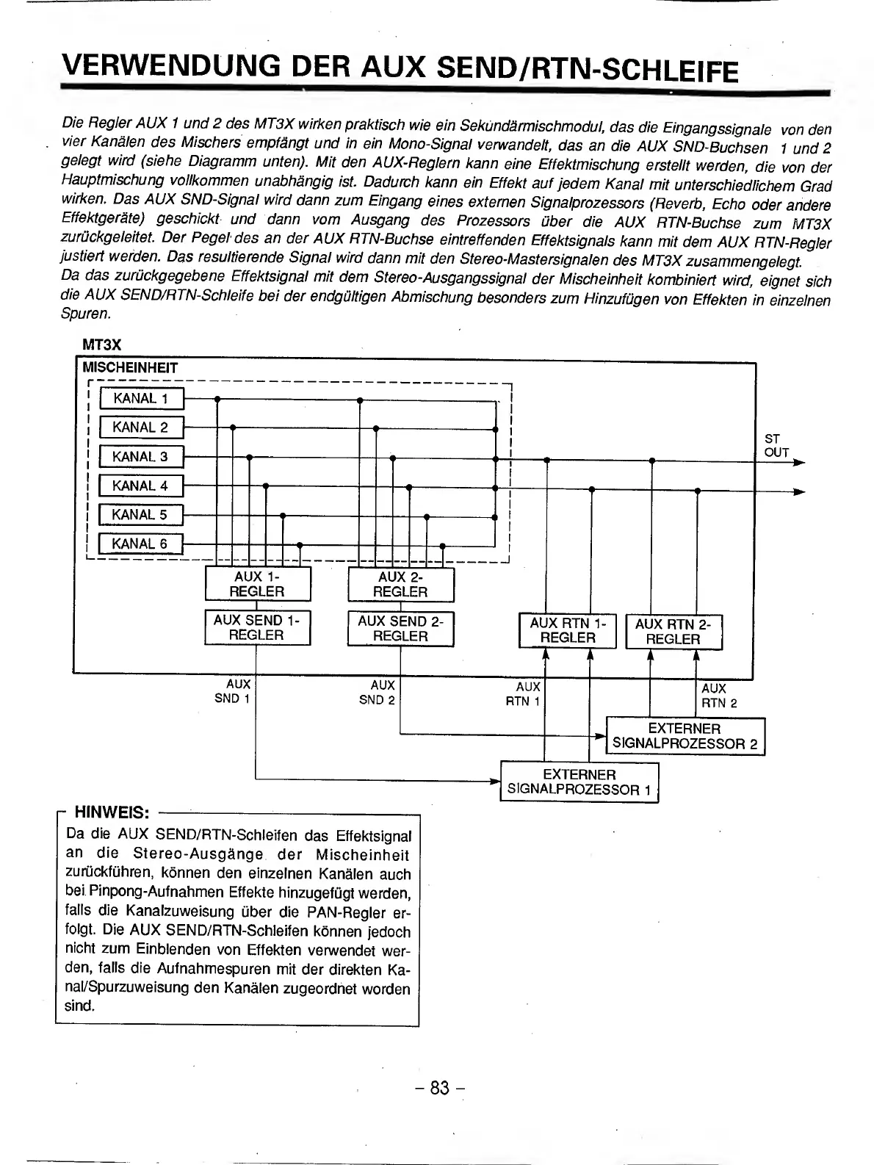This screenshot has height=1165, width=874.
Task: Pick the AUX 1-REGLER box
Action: click(x=257, y=584)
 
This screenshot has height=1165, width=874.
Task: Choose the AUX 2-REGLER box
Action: click(x=400, y=584)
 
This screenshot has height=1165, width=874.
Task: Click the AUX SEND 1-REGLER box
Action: click(x=257, y=628)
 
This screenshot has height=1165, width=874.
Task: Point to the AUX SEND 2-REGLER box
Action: click(x=400, y=628)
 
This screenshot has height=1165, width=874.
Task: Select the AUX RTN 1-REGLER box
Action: click(x=568, y=631)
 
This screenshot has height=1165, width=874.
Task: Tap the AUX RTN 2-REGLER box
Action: click(x=673, y=631)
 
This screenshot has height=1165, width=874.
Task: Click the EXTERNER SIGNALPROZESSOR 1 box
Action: click(x=579, y=782)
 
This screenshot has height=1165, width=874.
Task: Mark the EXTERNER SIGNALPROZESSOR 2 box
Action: click(x=685, y=736)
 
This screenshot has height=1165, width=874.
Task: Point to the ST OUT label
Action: click(x=776, y=446)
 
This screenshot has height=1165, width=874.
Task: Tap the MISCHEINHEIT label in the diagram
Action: click(x=130, y=367)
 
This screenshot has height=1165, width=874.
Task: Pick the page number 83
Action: click(x=439, y=1088)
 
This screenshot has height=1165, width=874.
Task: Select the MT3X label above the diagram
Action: click(x=101, y=345)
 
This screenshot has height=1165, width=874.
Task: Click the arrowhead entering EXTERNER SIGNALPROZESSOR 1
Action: click(x=495, y=781)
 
